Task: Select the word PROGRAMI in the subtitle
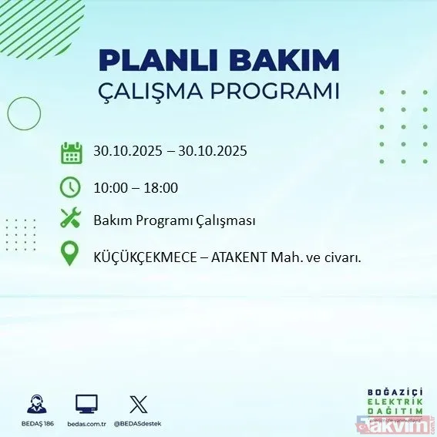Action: coord(284,90)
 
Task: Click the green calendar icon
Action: coord(71,152)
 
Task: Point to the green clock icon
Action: coord(70,187)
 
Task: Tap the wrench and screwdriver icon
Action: coord(70,219)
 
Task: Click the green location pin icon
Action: coord(70,254)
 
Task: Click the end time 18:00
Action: coord(163,187)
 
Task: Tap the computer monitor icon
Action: coord(86,403)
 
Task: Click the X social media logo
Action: coord(138,403)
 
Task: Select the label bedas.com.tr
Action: coord(86,424)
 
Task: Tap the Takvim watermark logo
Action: coord(402,423)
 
